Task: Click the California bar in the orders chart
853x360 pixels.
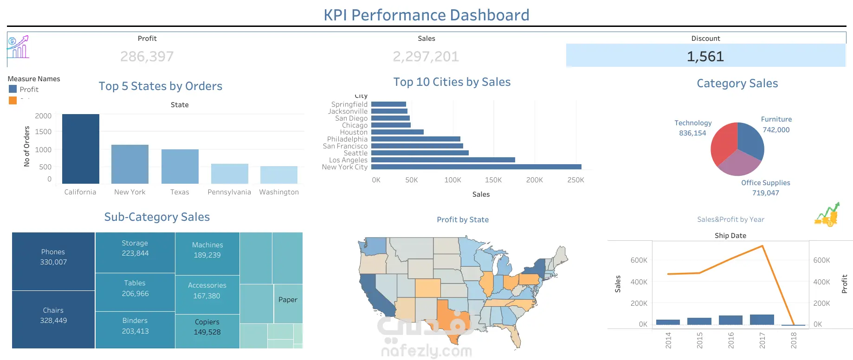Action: (81, 148)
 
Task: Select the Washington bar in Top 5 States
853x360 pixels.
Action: (279, 175)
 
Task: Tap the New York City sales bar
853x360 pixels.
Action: (476, 167)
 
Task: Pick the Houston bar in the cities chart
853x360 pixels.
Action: (397, 132)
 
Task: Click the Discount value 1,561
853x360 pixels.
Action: (705, 57)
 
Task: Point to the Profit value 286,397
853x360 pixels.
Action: (147, 57)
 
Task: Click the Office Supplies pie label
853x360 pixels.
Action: (765, 183)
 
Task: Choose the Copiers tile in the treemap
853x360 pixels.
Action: (207, 327)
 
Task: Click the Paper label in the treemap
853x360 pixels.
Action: (288, 300)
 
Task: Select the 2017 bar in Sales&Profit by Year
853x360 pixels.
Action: (762, 320)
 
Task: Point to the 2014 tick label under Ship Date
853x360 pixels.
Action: (668, 340)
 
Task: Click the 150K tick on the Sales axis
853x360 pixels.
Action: (493, 180)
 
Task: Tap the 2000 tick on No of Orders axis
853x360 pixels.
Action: (43, 116)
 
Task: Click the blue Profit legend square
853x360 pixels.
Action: (13, 89)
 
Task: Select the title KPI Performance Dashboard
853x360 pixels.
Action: (426, 15)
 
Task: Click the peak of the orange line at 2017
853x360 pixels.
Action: (762, 246)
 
